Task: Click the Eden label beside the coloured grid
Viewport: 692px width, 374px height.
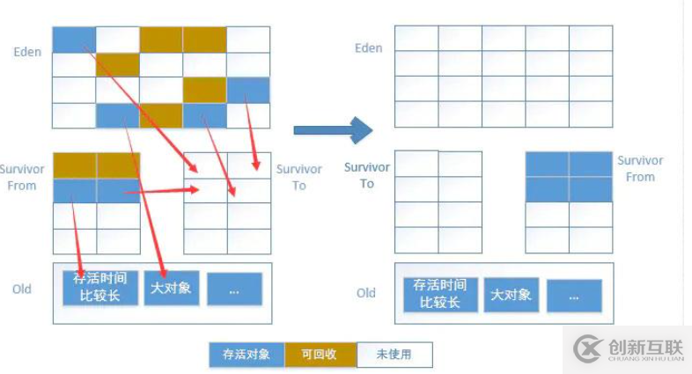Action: [27, 52]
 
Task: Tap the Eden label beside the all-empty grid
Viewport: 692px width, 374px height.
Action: [368, 48]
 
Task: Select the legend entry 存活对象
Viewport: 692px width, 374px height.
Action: [246, 355]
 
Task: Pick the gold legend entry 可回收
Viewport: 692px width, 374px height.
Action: [320, 355]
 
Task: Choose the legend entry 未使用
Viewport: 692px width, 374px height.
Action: [394, 355]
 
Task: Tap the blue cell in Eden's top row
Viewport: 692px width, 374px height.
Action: [74, 40]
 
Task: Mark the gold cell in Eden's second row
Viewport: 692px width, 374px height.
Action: [117, 65]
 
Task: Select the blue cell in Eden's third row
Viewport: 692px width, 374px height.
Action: [248, 91]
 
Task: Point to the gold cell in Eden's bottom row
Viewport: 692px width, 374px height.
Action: [161, 115]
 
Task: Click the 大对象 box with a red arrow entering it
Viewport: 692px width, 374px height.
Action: [170, 288]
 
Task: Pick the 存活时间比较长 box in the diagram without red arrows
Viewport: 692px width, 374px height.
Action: [440, 294]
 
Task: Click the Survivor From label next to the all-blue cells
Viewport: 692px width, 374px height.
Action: [640, 169]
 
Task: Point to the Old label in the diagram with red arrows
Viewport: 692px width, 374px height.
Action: [22, 289]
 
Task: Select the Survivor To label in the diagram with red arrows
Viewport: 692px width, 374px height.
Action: [298, 177]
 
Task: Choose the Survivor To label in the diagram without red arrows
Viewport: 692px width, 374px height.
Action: [366, 175]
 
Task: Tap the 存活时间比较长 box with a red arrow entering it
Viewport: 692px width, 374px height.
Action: [101, 288]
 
